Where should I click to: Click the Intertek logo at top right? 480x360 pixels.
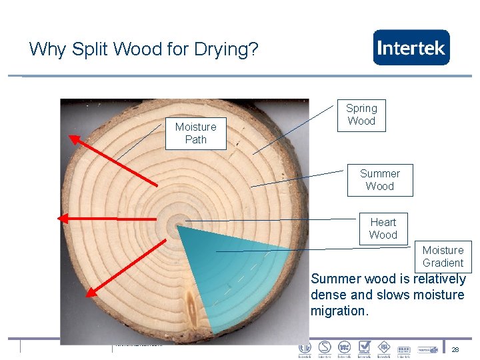(411, 47)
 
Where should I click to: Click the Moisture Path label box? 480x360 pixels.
(195, 133)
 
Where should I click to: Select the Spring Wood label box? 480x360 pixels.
(361, 115)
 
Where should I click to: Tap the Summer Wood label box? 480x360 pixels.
(379, 180)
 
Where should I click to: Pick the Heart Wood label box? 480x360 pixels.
(383, 229)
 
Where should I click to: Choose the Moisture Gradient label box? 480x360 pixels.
(443, 257)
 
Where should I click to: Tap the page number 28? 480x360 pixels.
(455, 350)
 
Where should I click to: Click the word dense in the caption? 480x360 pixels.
(328, 295)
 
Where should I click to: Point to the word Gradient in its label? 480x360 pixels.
(443, 263)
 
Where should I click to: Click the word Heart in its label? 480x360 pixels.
(383, 222)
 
